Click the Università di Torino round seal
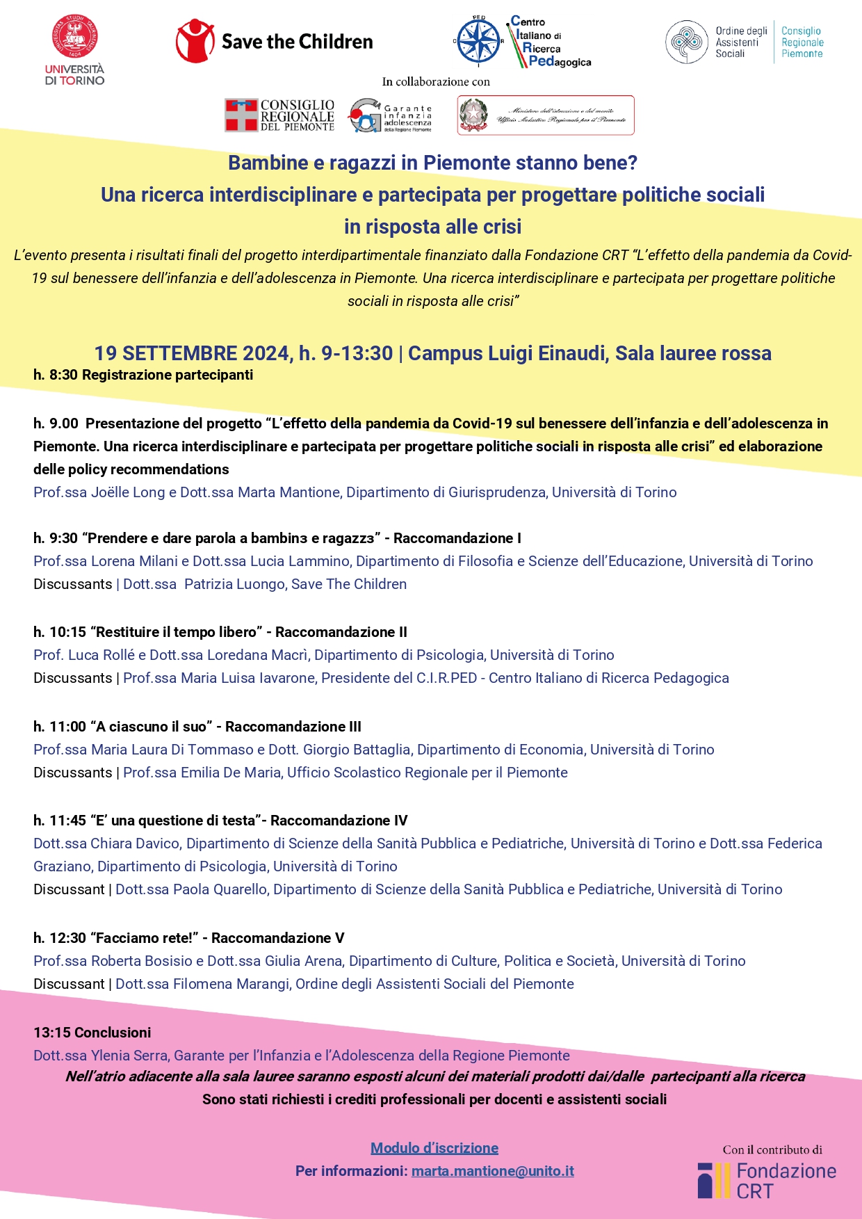[x=74, y=37]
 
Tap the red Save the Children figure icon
[x=195, y=41]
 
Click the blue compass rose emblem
[x=478, y=41]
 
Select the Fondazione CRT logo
[x=767, y=1181]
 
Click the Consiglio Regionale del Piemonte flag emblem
[x=241, y=115]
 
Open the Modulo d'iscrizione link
[x=434, y=1148]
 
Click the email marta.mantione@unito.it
[x=492, y=1171]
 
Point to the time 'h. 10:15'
[x=60, y=632]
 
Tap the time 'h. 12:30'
[x=60, y=938]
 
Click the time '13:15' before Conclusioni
[x=52, y=1033]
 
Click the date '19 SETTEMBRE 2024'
[x=192, y=353]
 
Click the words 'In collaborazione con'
[x=436, y=82]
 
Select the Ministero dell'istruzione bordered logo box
[x=546, y=115]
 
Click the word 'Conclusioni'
[x=113, y=1033]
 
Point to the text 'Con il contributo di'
[x=772, y=1150]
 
